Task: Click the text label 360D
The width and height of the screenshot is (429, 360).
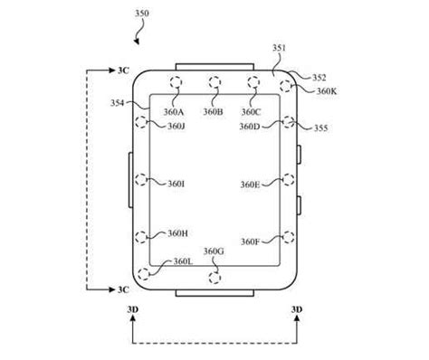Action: pyautogui.click(x=251, y=127)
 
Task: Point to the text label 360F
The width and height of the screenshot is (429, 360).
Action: pyautogui.click(x=252, y=242)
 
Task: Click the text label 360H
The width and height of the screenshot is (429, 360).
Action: pyautogui.click(x=177, y=233)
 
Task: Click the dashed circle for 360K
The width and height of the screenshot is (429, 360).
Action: pyautogui.click(x=287, y=86)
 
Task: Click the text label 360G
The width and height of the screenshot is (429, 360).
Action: pyautogui.click(x=214, y=251)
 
